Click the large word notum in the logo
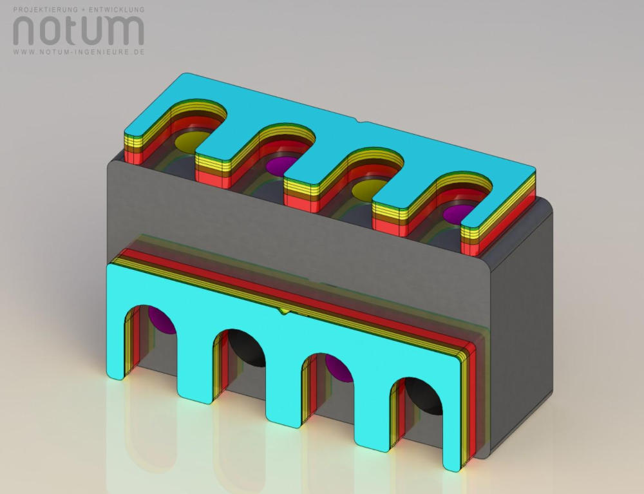[79, 31]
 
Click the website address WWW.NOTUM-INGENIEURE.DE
[79, 52]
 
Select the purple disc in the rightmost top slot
[458, 214]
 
